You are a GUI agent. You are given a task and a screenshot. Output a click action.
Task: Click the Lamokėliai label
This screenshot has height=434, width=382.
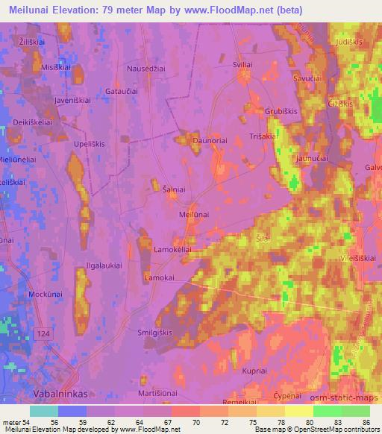coord(172,250)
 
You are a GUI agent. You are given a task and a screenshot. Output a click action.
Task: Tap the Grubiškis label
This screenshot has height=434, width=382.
coord(280,112)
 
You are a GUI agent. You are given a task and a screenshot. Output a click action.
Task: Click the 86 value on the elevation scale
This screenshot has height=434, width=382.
coord(364,421)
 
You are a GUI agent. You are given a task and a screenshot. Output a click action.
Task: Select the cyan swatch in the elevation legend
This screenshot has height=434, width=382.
coord(43,411)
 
